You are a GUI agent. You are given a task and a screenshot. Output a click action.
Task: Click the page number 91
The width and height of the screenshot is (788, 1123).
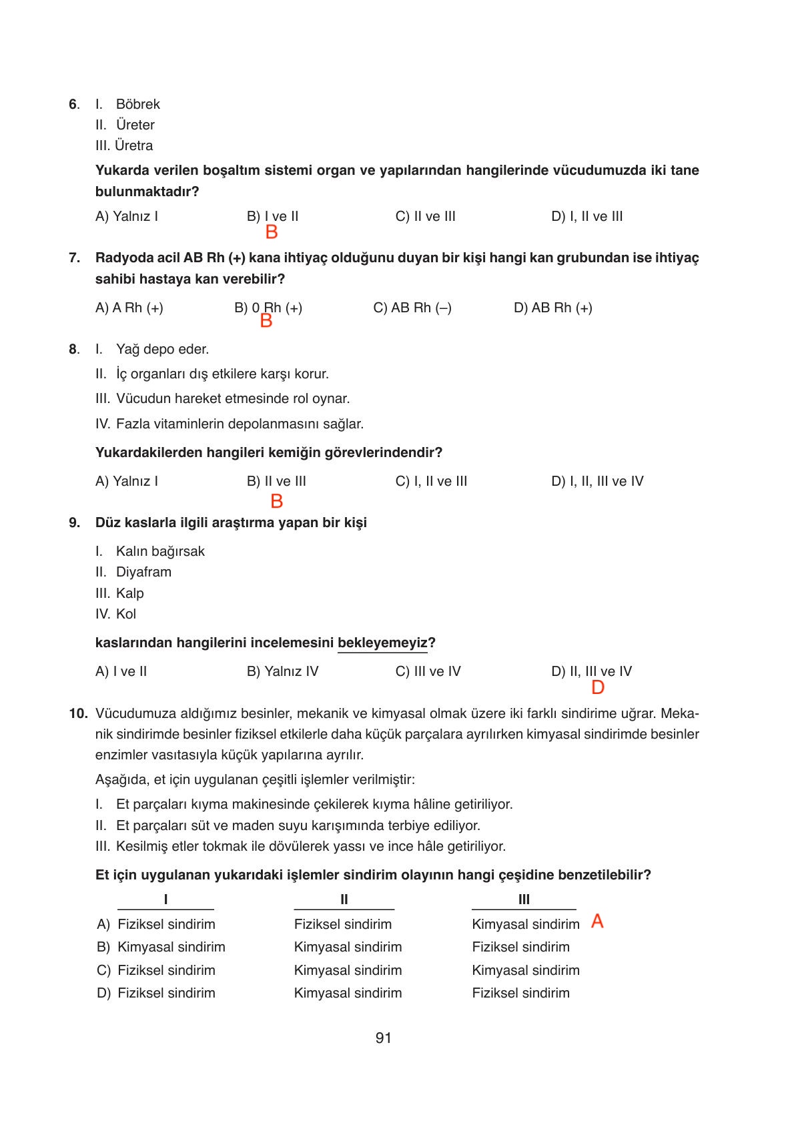383,1038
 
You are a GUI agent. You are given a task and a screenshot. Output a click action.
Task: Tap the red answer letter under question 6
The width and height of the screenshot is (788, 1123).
272,232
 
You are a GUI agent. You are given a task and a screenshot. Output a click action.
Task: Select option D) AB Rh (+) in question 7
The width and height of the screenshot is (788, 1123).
552,308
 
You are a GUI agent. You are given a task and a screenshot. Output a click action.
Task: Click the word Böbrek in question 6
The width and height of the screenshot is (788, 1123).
137,104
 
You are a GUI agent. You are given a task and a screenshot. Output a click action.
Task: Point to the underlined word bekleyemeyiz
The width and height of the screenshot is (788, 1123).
382,643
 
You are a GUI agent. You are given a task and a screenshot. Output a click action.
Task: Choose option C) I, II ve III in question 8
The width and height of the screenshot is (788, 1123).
431,481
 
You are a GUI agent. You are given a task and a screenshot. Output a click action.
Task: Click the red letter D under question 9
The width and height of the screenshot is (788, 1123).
598,687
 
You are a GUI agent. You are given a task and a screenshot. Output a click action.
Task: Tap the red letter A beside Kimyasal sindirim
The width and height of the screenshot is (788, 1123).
597,921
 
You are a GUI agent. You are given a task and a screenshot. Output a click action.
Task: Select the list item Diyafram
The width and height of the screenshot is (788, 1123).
143,572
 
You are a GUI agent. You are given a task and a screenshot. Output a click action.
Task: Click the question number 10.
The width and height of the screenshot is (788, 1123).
78,713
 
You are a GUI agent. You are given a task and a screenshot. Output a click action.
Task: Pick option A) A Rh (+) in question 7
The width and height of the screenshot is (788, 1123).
129,308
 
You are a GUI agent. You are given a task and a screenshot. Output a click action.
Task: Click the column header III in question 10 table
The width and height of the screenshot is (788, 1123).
524,899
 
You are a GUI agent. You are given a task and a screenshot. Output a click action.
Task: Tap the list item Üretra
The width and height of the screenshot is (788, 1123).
133,145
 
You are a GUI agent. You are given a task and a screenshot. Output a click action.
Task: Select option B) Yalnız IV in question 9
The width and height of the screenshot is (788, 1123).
282,671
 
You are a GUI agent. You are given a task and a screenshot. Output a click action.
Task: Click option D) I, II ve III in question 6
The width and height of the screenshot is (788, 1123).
586,216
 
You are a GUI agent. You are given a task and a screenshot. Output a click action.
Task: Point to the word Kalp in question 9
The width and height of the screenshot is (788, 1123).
129,593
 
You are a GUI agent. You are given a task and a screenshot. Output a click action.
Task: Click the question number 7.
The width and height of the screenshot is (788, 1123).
74,258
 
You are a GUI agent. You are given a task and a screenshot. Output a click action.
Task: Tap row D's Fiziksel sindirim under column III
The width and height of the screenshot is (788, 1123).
520,993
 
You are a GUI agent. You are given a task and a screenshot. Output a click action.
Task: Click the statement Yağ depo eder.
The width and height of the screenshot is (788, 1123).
162,349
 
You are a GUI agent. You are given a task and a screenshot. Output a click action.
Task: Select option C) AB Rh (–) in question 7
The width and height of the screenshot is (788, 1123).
412,308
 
